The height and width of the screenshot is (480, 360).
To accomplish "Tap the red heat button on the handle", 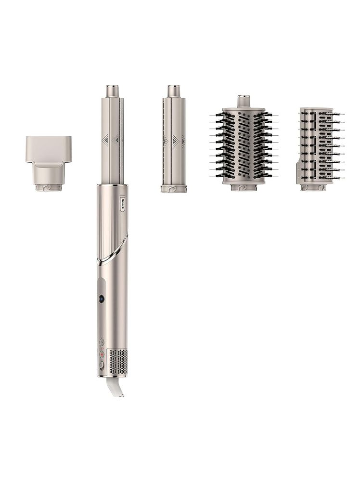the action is click(x=102, y=354).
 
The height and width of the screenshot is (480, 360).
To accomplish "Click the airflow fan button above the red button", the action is click(x=102, y=342).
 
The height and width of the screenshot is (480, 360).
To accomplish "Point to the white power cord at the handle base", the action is click(x=116, y=387).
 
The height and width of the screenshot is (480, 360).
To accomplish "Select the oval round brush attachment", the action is click(x=244, y=143).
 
